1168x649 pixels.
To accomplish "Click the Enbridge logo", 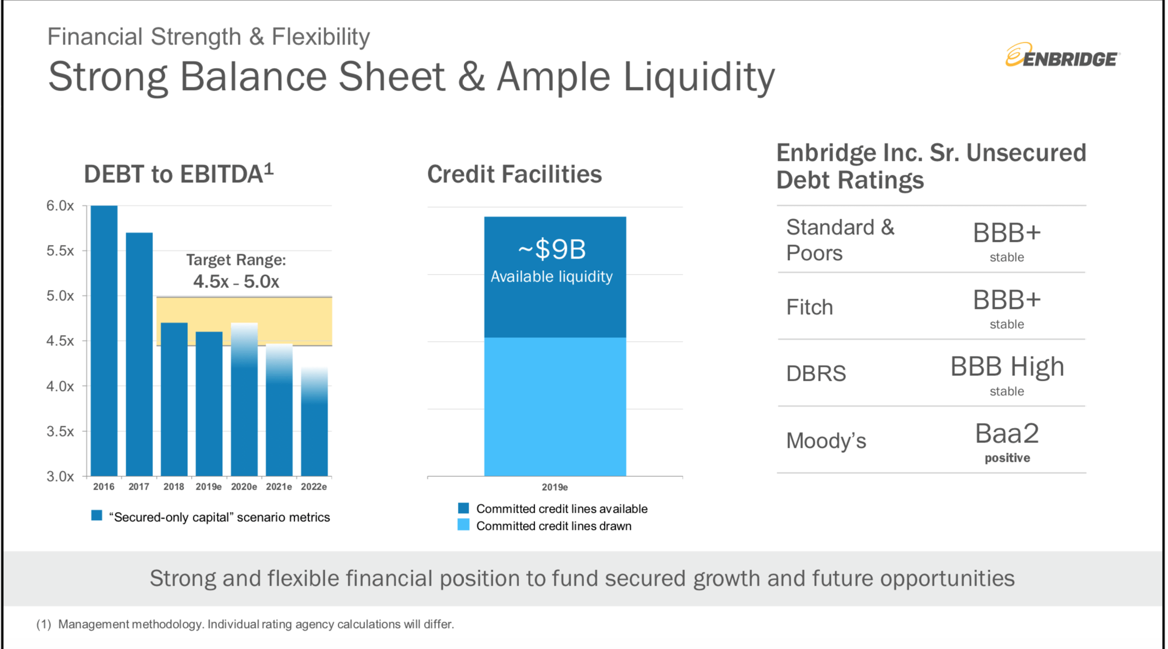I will [1062, 56].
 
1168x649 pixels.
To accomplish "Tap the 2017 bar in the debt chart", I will [139, 354].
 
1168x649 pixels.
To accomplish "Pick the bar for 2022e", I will [314, 429].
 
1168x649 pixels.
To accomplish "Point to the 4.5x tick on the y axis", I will [60, 341].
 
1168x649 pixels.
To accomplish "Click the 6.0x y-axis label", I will [60, 206].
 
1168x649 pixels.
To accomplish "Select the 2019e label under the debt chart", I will [208, 487].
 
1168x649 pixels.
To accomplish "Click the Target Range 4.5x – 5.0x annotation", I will [236, 271].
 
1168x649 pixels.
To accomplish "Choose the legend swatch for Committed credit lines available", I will [463, 508].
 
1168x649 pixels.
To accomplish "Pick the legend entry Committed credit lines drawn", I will [553, 526].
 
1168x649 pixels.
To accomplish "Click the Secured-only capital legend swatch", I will [97, 516].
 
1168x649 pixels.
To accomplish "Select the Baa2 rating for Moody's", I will [1006, 433].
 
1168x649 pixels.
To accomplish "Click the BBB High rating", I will [1006, 367].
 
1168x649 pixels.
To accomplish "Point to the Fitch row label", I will [809, 307].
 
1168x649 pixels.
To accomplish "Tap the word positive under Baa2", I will [1007, 458].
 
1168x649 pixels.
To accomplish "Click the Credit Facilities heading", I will [514, 174].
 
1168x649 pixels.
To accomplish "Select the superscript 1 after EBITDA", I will [269, 169].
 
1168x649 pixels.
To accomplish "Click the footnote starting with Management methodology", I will [255, 624].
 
